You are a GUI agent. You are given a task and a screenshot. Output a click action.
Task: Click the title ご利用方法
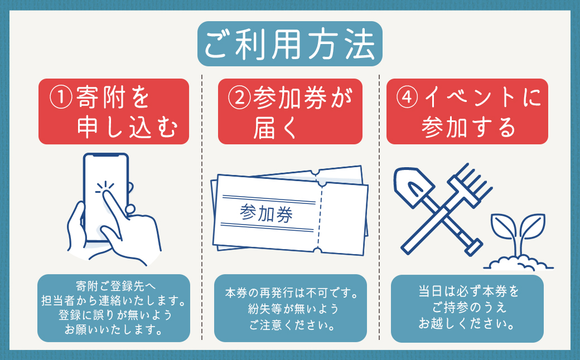[x=290, y=44]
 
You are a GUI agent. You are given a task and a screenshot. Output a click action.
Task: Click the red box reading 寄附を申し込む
[x=113, y=111]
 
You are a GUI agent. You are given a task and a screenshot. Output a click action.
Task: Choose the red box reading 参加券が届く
[x=290, y=111]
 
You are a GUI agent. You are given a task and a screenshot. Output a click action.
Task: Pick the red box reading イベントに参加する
[x=467, y=111]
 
